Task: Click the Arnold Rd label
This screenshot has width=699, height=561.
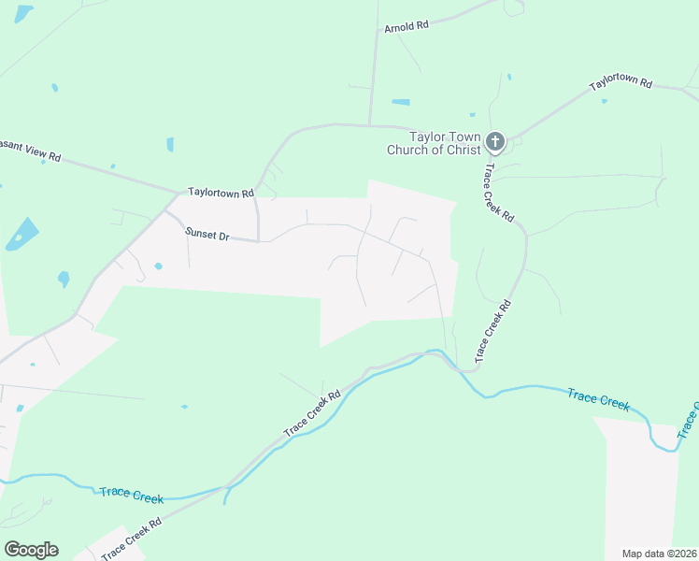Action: [x=406, y=27]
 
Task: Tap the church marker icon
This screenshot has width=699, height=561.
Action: [x=494, y=143]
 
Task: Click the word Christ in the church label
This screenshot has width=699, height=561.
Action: [x=457, y=150]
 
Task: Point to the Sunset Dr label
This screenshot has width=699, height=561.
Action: [x=207, y=236]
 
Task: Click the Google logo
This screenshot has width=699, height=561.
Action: [x=31, y=550]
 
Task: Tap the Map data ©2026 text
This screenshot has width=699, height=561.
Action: [x=659, y=554]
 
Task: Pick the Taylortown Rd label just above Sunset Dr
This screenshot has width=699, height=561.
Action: [x=221, y=193]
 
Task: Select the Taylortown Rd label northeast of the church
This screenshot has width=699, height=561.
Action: [x=620, y=82]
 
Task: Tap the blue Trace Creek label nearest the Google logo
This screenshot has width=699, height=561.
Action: [x=130, y=493]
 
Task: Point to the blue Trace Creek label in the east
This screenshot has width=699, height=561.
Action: [x=598, y=399]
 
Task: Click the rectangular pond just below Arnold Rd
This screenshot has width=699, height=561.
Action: [x=401, y=101]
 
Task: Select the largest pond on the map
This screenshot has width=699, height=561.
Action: [x=22, y=233]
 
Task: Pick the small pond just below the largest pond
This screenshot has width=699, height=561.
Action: [x=64, y=278]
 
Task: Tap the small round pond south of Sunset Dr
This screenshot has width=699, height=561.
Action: [x=158, y=266]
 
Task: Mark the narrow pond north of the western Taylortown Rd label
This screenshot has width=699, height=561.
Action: [x=170, y=144]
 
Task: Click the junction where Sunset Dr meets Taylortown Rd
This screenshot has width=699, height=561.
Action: [x=165, y=212]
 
